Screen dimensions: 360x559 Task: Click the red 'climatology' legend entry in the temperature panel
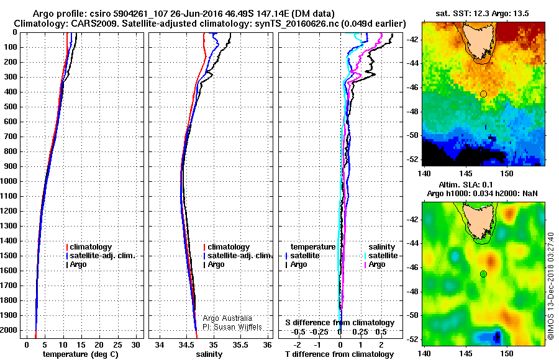(x=89, y=247)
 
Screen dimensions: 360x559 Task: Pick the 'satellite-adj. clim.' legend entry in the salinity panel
(x=240, y=256)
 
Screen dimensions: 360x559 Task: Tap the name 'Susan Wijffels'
(x=233, y=326)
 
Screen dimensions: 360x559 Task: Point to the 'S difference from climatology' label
(x=339, y=323)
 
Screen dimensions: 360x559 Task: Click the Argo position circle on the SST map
(x=483, y=94)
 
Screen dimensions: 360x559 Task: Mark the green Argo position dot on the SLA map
(x=483, y=274)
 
